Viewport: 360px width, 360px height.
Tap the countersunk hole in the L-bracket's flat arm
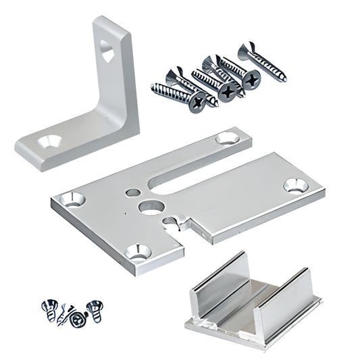pyautogui.click(x=51, y=142)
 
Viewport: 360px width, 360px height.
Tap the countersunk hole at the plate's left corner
pyautogui.click(x=73, y=199)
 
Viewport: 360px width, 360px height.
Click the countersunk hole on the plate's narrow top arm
pyautogui.click(x=226, y=138)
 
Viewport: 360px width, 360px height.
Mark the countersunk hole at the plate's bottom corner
pyautogui.click(x=139, y=253)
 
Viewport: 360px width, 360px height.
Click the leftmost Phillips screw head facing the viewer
pyautogui.click(x=198, y=103)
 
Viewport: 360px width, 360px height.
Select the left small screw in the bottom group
pyautogui.click(x=51, y=309)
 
